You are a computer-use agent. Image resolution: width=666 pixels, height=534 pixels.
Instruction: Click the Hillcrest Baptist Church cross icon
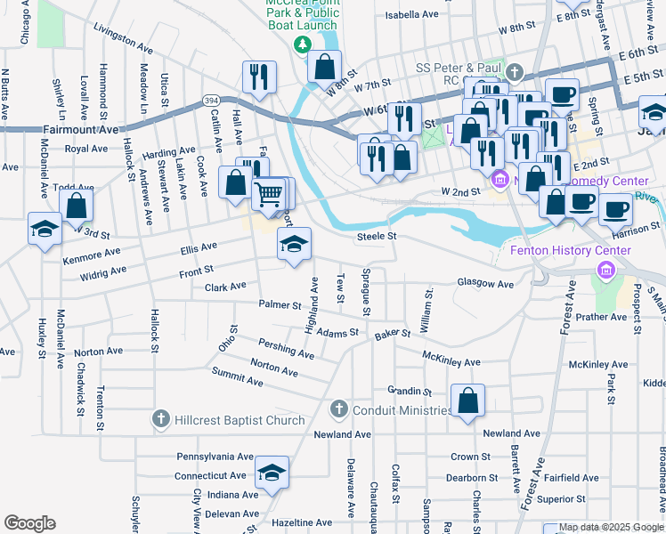click(x=161, y=419)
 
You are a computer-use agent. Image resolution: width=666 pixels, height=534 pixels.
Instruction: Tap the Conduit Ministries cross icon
click(x=338, y=409)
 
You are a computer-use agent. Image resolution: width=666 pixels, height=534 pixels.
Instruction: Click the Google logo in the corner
click(x=29, y=523)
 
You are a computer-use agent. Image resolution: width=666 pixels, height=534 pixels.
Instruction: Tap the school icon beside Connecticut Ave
click(x=272, y=472)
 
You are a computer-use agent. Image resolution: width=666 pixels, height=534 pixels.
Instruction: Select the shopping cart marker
click(x=269, y=191)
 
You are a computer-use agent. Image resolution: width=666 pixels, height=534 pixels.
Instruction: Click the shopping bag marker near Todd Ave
click(x=77, y=204)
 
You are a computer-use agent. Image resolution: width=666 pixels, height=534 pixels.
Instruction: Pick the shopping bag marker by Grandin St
click(x=467, y=400)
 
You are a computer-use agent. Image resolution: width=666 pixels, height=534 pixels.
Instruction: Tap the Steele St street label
click(x=376, y=237)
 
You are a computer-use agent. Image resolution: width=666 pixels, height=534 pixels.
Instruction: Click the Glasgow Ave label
click(x=485, y=284)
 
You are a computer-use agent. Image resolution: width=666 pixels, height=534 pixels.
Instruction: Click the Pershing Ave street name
click(x=286, y=348)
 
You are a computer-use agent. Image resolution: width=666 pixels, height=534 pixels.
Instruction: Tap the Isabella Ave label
click(x=411, y=15)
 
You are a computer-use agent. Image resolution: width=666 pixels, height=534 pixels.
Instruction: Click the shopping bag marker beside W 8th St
click(x=325, y=65)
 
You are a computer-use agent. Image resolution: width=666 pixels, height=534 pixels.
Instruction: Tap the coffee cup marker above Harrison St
click(x=613, y=210)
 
